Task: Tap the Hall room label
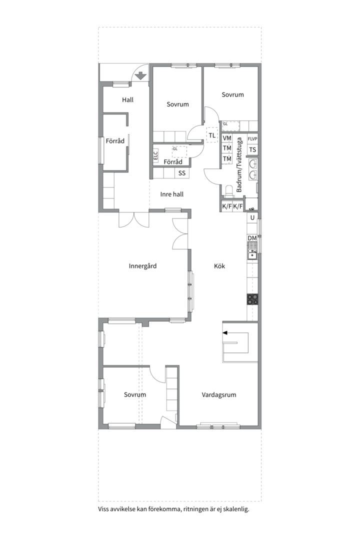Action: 127,100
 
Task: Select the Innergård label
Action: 142,266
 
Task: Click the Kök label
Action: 219,266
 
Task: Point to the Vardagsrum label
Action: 219,394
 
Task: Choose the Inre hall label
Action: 172,194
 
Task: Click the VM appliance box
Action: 227,138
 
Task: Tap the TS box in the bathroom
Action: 252,150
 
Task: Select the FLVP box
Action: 252,139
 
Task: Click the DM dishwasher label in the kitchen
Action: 252,238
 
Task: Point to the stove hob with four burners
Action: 252,299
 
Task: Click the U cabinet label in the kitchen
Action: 252,217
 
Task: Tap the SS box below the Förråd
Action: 182,173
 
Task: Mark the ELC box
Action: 155,156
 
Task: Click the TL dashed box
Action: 212,135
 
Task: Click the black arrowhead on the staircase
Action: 225,332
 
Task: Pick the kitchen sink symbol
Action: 252,251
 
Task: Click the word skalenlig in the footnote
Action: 236,509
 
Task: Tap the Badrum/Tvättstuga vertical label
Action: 239,164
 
